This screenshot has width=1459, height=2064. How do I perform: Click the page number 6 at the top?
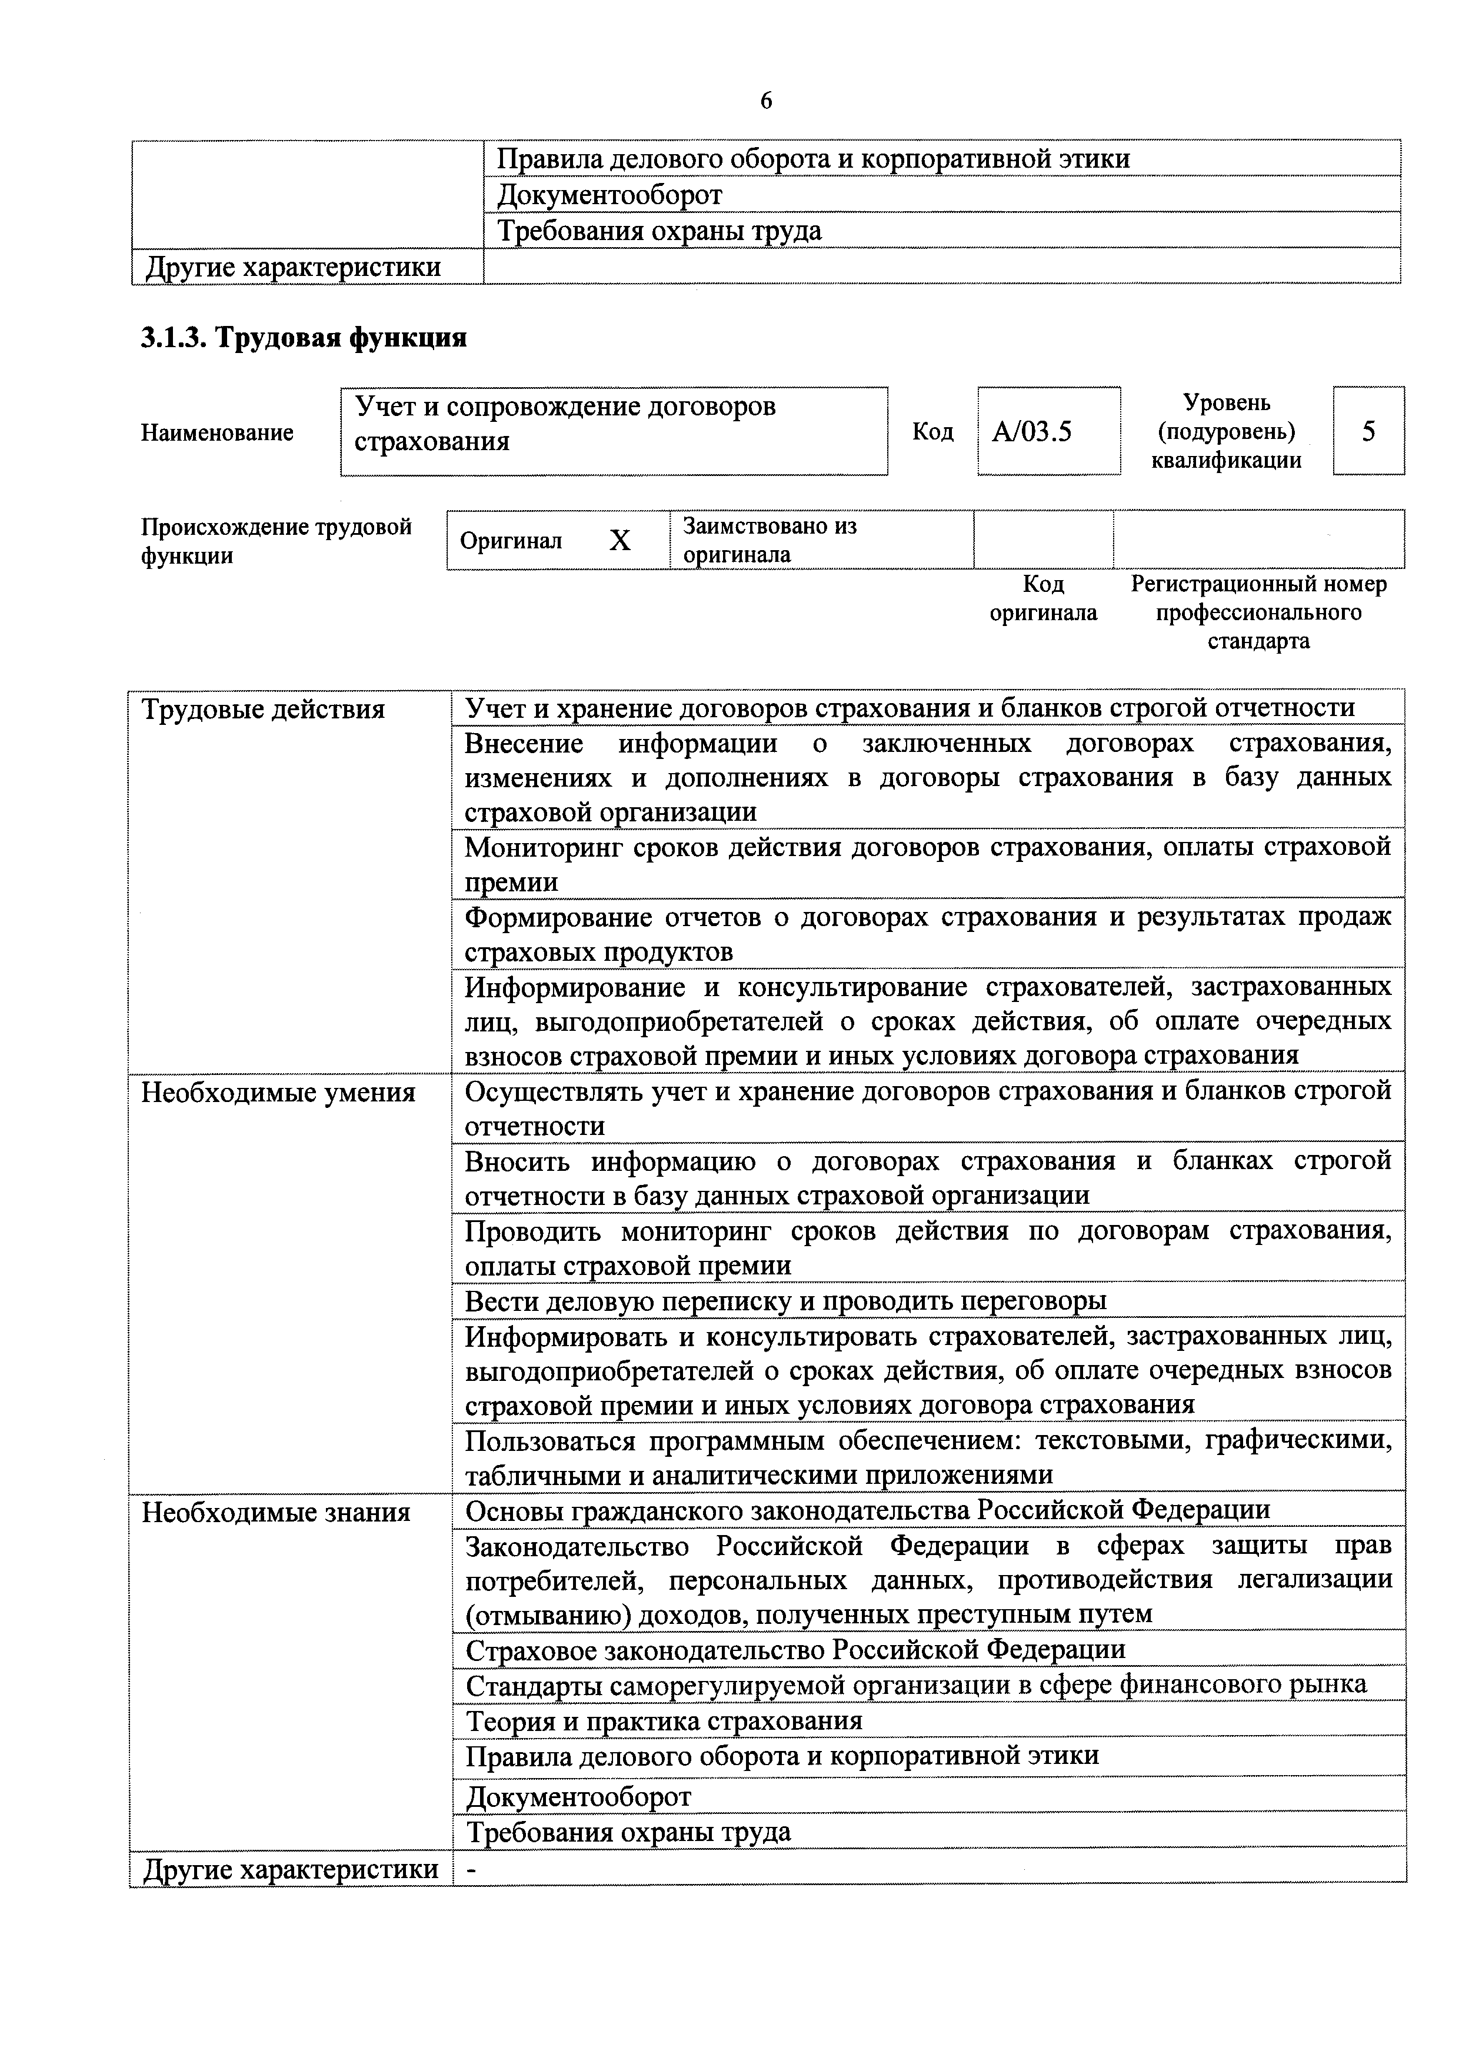coord(766,101)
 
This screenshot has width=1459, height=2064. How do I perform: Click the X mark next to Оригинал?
coord(620,540)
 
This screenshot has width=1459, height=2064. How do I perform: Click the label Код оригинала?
coord(1043,599)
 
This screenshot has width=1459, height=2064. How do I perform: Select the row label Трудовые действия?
coord(264,710)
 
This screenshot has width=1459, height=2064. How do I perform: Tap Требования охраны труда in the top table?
coord(659,231)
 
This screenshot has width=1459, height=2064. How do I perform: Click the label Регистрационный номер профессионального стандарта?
coord(1258,612)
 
